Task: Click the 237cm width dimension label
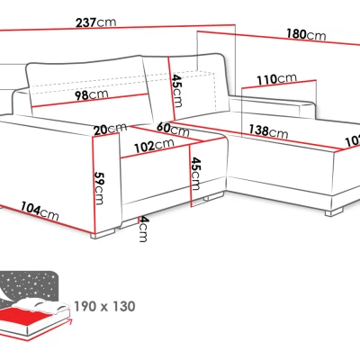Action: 95,22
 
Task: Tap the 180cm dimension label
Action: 306,34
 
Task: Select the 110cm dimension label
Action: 276,79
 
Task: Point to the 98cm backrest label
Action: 91,94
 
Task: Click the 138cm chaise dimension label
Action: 268,131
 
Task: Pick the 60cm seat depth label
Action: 173,129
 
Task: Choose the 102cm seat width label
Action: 154,145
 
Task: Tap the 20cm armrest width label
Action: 110,129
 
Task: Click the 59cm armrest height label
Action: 99,188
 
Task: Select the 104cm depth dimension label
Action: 40,211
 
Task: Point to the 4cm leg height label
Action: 143,229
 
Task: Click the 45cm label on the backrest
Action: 176,91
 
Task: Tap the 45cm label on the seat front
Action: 195,174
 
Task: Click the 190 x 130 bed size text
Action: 104,306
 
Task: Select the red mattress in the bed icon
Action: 25,315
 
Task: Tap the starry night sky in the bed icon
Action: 30,285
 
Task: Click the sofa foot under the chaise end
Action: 334,212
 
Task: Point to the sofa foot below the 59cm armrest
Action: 103,233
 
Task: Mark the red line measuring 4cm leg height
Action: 138,220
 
